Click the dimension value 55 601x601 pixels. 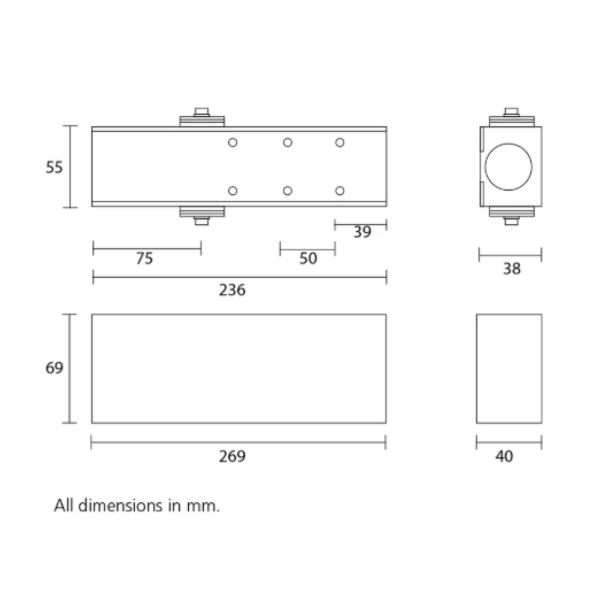55,168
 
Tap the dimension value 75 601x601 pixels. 144,259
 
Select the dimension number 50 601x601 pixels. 308,259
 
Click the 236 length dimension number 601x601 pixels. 232,290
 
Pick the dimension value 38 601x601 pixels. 511,269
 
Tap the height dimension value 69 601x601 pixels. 55,368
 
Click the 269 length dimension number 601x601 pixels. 232,456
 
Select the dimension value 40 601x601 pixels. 504,456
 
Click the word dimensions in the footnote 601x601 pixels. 120,506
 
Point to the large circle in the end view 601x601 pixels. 508,166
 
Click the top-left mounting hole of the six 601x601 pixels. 233,142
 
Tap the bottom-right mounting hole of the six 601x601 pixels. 339,191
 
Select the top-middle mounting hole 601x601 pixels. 287,142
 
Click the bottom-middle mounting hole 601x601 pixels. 287,191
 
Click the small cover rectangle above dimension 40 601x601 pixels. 509,368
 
